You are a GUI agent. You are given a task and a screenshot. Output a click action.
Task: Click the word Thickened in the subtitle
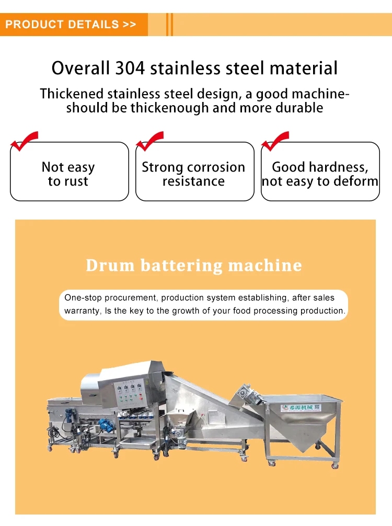[x=72, y=94]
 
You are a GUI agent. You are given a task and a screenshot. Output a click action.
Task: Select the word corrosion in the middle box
[x=216, y=167]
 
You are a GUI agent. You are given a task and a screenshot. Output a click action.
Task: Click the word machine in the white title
[x=265, y=265]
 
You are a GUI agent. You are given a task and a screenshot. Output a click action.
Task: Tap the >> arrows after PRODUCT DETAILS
[x=129, y=25]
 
